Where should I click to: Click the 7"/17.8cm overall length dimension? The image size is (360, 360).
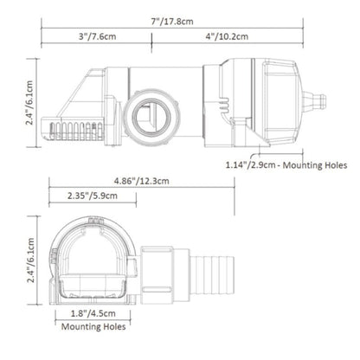pyautogui.click(x=172, y=22)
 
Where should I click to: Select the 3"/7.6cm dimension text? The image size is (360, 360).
pyautogui.click(x=98, y=36)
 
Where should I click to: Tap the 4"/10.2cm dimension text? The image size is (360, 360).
pyautogui.click(x=227, y=36)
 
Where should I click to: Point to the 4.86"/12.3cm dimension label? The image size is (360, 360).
pyautogui.click(x=142, y=181)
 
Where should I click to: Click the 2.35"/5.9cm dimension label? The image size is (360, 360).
pyautogui.click(x=93, y=196)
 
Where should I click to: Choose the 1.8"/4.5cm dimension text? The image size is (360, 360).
pyautogui.click(x=93, y=313)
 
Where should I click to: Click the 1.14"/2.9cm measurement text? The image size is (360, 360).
pyautogui.click(x=250, y=165)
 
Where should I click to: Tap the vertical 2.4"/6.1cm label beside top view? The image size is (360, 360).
pyautogui.click(x=29, y=103)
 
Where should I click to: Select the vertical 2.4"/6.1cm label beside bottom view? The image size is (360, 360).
pyautogui.click(x=30, y=260)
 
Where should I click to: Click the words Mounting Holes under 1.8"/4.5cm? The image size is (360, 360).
pyautogui.click(x=93, y=326)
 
